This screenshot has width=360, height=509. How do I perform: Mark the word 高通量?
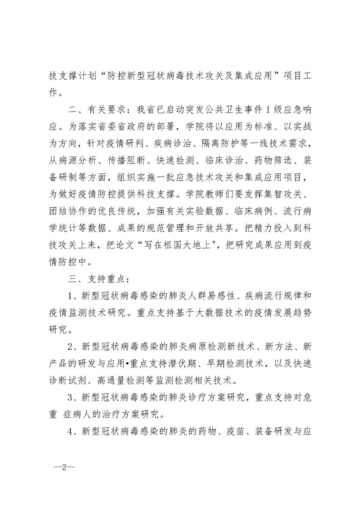[122, 379]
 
